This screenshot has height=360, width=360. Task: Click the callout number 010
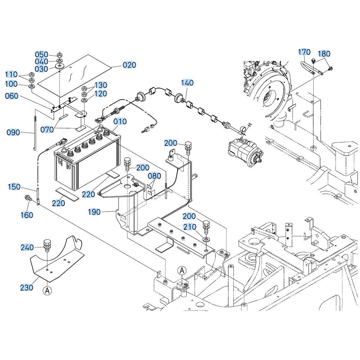[x=120, y=121]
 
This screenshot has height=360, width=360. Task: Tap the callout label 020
[x=129, y=65]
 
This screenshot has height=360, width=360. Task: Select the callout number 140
[x=187, y=82]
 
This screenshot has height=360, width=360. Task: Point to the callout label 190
[x=94, y=212]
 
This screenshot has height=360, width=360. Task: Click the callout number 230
[x=26, y=287]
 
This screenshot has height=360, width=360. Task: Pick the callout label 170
[x=304, y=52]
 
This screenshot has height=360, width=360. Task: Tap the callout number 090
[x=13, y=132]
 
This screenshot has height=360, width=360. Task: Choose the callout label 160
[x=27, y=215]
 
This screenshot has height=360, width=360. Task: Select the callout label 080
[x=154, y=176]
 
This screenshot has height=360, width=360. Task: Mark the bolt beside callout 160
[x=27, y=198]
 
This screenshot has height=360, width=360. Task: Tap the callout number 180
[x=324, y=54]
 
